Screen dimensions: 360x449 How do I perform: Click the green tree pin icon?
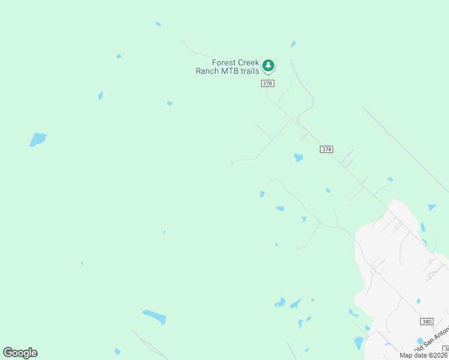(268, 65)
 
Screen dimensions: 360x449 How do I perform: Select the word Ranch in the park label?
(208, 71)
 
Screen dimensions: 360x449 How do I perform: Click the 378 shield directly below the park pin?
(268, 83)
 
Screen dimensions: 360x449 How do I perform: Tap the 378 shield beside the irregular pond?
(326, 149)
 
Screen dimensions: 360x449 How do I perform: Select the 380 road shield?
(426, 322)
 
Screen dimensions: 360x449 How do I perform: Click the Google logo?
(20, 353)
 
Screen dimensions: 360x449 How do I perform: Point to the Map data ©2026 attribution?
(424, 355)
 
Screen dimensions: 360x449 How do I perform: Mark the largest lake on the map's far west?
(38, 139)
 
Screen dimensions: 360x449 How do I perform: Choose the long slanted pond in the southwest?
(154, 316)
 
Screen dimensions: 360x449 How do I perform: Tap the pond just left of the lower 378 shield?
(298, 157)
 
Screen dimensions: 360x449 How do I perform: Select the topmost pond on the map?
(158, 24)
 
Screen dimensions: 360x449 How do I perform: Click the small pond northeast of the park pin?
(293, 44)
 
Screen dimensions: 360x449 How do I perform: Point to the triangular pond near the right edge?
(432, 207)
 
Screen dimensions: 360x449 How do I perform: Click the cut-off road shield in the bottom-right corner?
(446, 349)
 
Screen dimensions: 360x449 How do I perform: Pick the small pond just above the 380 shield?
(418, 301)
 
